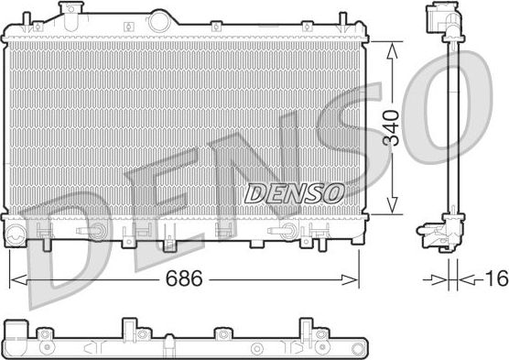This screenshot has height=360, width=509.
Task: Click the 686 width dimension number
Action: (x=184, y=277)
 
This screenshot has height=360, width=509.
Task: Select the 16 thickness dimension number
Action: (x=495, y=278)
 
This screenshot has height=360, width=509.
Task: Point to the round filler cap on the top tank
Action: (x=161, y=17)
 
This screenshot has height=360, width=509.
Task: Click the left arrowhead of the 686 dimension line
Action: (x=13, y=277)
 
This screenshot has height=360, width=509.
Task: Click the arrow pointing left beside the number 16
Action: (x=466, y=278)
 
